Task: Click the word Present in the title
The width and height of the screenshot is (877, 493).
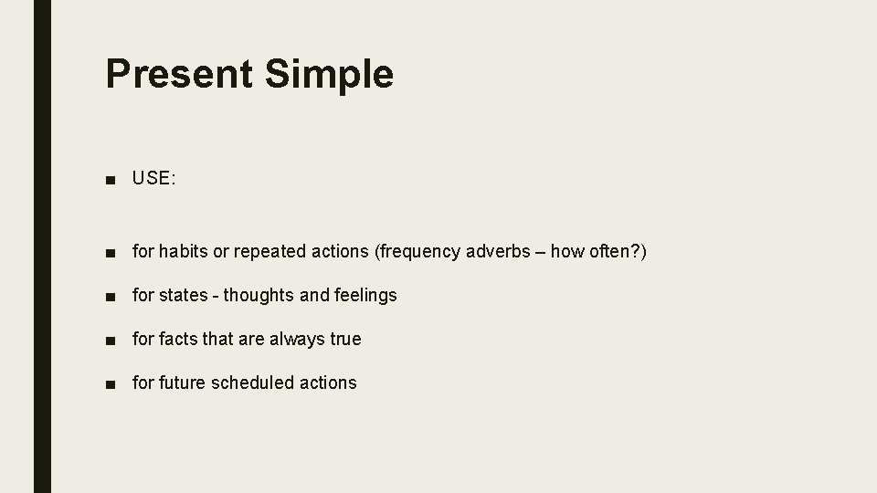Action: (180, 74)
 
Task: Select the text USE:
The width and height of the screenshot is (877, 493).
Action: (153, 179)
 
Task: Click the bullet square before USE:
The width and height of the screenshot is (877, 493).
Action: (111, 180)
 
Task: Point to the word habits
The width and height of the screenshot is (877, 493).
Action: (185, 251)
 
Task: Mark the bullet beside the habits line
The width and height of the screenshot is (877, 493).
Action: (111, 252)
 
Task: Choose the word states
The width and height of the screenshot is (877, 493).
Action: (183, 295)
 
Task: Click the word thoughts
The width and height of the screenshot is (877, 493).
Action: (259, 295)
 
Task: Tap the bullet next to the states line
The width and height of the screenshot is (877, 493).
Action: (111, 296)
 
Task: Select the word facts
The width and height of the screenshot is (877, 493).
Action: (178, 339)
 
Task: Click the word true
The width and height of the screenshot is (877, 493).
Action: (345, 339)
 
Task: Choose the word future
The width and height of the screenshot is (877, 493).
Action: (183, 383)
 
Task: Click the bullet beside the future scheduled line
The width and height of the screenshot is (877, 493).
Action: (111, 383)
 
